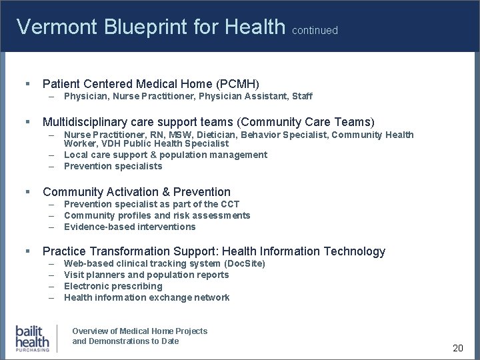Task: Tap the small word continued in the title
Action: pos(315,31)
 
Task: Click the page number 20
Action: pos(457,348)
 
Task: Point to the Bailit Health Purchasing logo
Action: pos(33,338)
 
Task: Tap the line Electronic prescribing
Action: pos(113,286)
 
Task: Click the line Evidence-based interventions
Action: pos(129,227)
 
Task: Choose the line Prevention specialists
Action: pos(113,166)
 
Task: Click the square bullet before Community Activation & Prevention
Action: pos(27,192)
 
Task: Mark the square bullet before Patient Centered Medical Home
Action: pos(27,83)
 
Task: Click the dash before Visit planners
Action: pos(51,275)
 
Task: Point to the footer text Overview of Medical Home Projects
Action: pos(139,331)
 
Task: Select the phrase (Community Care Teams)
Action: pos(306,122)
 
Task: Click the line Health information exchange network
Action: pos(146,297)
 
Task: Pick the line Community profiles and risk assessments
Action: pos(157,215)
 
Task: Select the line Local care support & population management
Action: pos(165,155)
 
